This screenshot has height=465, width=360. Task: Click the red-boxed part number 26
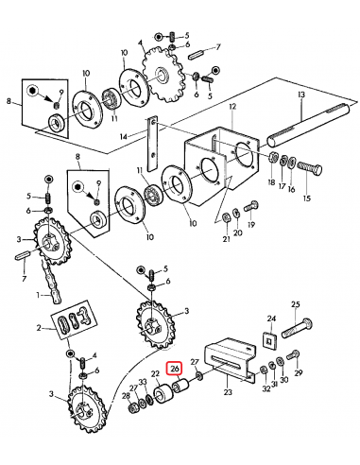[175, 369]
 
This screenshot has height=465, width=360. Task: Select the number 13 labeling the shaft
[301, 95]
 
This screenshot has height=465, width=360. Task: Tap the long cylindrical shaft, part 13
[309, 124]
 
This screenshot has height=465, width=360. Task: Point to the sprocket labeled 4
[163, 74]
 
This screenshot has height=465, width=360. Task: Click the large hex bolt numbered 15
[310, 169]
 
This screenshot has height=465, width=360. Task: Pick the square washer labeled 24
[269, 341]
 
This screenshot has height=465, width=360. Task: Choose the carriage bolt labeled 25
[296, 329]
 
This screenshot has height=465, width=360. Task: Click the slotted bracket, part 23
[231, 359]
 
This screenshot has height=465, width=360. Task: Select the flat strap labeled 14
[151, 145]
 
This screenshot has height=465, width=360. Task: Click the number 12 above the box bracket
[232, 107]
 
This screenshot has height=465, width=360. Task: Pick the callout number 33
[143, 382]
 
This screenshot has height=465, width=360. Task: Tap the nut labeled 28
[132, 408]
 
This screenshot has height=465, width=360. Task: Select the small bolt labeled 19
[251, 206]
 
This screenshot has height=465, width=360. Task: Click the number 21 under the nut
[227, 239]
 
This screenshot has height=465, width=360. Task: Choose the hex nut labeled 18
[273, 156]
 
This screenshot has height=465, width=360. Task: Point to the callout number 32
[266, 388]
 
